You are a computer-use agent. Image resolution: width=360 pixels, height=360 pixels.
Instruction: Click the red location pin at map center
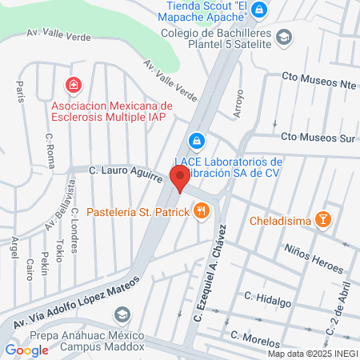[x=180, y=179]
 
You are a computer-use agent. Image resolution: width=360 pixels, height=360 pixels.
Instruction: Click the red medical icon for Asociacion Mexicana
[x=73, y=85]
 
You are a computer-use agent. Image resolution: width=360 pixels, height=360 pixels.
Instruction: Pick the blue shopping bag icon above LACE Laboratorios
[x=195, y=141]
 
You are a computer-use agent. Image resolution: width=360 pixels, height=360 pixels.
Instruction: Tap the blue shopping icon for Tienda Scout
[x=258, y=10]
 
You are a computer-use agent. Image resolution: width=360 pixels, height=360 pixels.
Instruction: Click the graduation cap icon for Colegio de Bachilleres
[x=284, y=38]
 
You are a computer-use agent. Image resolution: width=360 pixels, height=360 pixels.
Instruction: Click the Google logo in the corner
[x=26, y=349]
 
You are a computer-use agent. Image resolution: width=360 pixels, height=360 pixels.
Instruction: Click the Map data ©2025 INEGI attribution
[x=312, y=354]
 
